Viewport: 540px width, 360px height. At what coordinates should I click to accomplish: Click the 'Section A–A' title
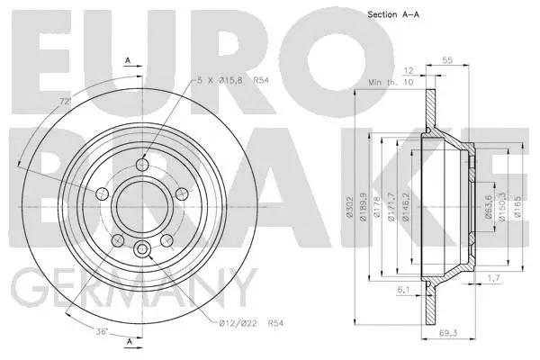pos(393,15)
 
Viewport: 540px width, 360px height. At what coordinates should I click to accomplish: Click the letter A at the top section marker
pos(128,61)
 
